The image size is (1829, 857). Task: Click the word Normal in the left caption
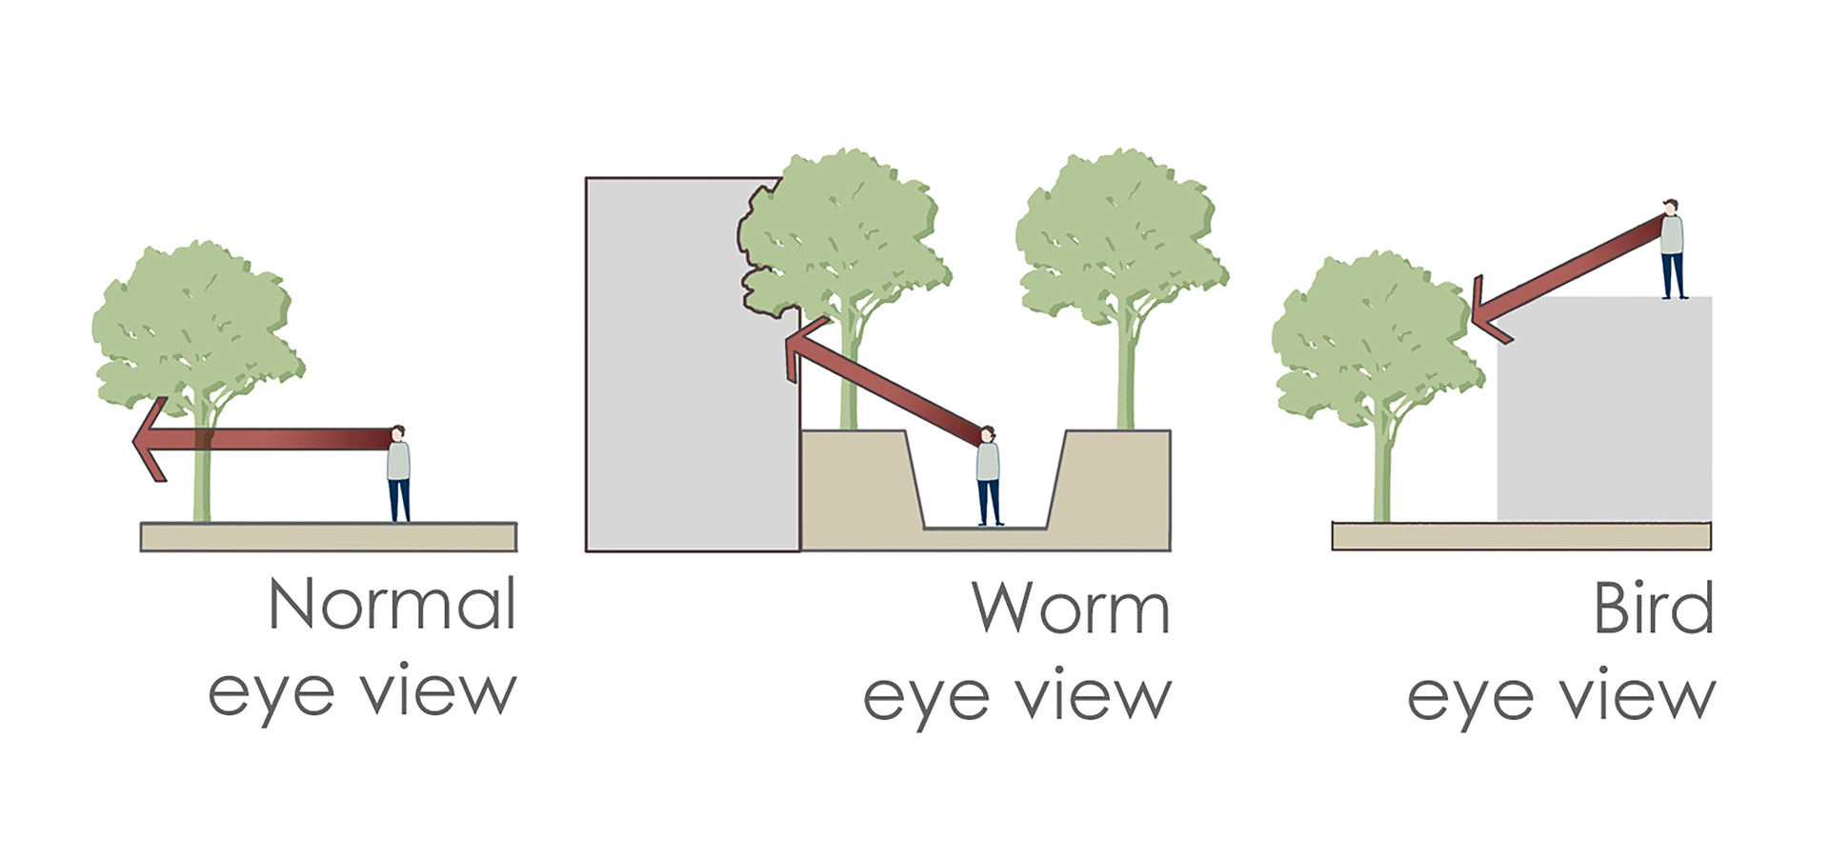tap(392, 604)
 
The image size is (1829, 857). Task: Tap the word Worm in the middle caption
tap(1071, 608)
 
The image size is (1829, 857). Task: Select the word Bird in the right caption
tap(1654, 608)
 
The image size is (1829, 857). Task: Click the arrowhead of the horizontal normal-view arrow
tap(151, 439)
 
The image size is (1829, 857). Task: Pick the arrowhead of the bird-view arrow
tap(1486, 310)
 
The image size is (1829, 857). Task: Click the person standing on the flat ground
tap(398, 474)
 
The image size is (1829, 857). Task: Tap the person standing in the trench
tap(988, 475)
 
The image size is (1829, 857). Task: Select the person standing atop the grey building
tap(1672, 249)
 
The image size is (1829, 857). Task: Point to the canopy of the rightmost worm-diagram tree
tap(1119, 238)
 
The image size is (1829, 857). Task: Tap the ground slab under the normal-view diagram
tap(329, 537)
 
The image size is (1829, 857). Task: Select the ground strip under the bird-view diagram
tap(1521, 536)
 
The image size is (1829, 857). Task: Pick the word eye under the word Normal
tap(271, 695)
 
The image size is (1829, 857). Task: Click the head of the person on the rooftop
tap(1671, 207)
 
